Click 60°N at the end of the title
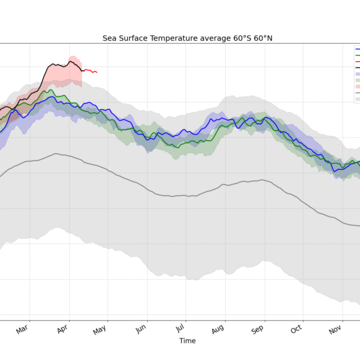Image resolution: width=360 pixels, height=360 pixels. (263, 38)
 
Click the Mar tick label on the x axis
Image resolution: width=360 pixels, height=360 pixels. (23, 329)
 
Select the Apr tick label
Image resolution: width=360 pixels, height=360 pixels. (62, 329)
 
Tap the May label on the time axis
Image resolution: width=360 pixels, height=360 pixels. (100, 329)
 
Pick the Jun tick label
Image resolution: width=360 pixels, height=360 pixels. (142, 329)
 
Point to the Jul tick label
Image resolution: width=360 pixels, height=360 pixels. (180, 329)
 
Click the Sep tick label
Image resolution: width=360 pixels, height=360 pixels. (258, 329)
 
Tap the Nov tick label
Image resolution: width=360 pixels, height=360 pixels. (336, 329)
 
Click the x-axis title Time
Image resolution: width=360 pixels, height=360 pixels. (187, 341)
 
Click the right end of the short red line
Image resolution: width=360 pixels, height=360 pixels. (97, 73)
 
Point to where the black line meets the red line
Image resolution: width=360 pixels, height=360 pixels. (82, 70)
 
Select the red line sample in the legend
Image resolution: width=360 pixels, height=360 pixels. (357, 61)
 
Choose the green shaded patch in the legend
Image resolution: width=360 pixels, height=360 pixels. (357, 80)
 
